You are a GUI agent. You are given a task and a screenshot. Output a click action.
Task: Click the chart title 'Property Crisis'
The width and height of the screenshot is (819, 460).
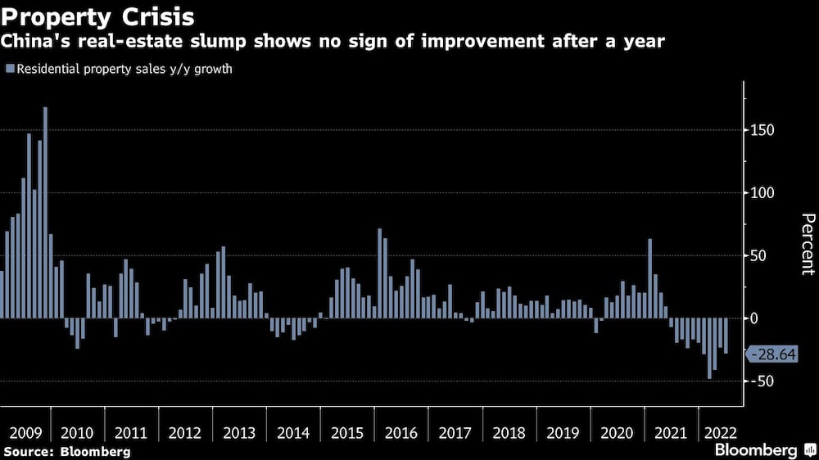[x=98, y=16]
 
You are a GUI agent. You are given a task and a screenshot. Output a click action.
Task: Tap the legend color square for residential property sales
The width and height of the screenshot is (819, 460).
[x=9, y=69]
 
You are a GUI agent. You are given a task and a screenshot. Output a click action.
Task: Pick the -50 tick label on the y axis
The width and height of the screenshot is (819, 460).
[x=763, y=381]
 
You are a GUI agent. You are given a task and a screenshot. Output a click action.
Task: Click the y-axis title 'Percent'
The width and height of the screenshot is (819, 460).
[x=808, y=244]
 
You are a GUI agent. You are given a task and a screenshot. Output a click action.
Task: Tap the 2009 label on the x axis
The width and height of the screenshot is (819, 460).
[x=25, y=433]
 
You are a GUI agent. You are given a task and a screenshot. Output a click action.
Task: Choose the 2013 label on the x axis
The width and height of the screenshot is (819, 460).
[x=239, y=433]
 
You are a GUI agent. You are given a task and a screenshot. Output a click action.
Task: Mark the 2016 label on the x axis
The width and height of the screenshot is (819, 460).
[x=400, y=433]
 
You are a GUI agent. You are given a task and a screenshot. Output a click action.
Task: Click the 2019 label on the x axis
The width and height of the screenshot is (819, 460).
[x=562, y=433]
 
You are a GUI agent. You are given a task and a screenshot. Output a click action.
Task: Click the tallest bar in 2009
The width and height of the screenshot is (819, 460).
[x=45, y=213]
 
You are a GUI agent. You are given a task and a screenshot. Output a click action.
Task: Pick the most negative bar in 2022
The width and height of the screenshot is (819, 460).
[x=709, y=349]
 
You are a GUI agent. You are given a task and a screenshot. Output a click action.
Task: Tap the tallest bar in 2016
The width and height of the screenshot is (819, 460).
[x=379, y=273]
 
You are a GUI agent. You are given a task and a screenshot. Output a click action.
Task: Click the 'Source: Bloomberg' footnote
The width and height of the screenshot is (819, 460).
[x=66, y=451]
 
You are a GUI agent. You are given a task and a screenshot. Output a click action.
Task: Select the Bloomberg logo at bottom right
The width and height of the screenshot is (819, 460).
[x=762, y=450]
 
